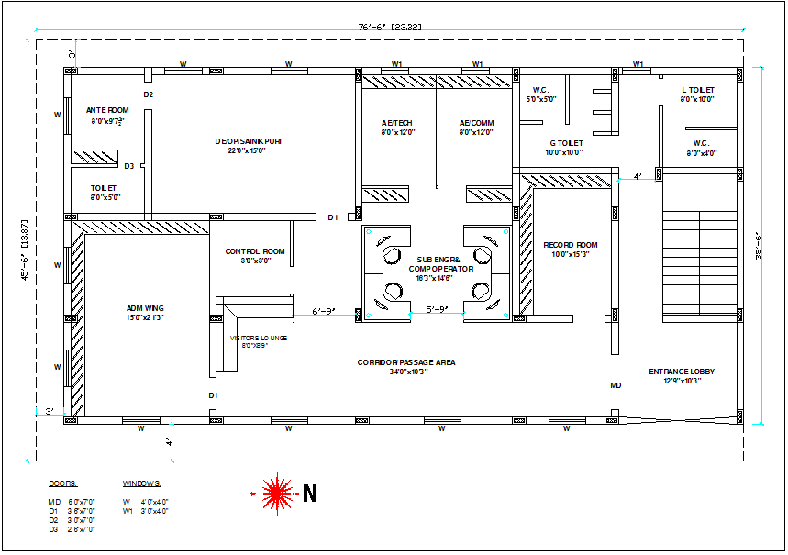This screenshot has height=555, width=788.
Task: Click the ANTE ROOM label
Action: (109, 110)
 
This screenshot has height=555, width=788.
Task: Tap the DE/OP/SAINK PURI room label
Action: (248, 141)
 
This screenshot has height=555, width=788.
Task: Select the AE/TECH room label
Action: (397, 123)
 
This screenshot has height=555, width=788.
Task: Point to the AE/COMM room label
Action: (476, 123)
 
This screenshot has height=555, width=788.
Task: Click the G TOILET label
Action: (565, 143)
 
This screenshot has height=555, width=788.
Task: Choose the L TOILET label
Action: (697, 90)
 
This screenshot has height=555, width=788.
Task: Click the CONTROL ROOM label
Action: (254, 251)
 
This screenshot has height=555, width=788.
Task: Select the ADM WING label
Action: (145, 308)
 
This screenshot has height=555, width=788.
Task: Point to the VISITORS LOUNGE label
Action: (258, 339)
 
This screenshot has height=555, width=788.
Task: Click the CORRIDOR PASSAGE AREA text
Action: (406, 362)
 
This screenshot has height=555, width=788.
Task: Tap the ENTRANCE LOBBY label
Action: (681, 372)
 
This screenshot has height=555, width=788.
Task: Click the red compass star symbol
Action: (274, 494)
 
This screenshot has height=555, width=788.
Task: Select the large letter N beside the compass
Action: (310, 494)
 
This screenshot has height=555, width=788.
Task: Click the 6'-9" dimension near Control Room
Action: (325, 311)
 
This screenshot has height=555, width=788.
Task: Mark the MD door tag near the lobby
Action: (616, 386)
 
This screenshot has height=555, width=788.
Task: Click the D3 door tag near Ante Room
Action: (129, 166)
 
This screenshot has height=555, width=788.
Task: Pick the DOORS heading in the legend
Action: (62, 483)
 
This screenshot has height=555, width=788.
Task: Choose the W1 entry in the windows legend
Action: (128, 510)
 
